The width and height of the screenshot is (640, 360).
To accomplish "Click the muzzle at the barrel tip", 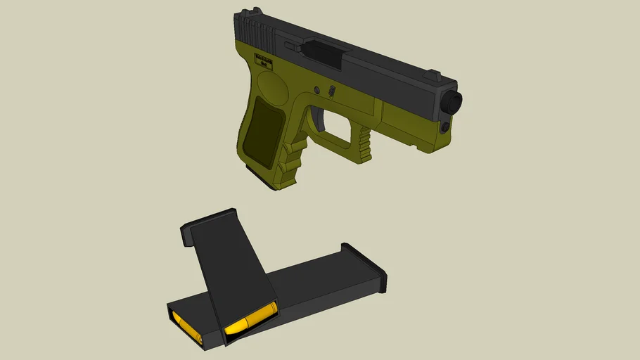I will tap(453, 102).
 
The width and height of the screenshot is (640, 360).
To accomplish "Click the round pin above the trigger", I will tap(317, 90).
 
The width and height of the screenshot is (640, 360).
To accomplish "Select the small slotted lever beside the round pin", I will tap(331, 91).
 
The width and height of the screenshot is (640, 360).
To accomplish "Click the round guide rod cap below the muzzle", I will tap(444, 128).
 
